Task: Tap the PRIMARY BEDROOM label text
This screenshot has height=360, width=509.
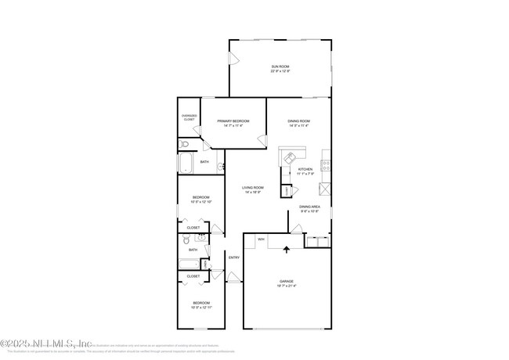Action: [228, 121]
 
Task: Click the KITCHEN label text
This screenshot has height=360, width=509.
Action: [305, 169]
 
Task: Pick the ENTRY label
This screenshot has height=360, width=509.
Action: [233, 257]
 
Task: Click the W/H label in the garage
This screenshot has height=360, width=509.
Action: [261, 239]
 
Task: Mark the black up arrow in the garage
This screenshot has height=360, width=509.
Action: [286, 250]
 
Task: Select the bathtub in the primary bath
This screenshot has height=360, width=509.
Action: [186, 163]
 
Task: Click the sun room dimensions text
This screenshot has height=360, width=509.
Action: [280, 72]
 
